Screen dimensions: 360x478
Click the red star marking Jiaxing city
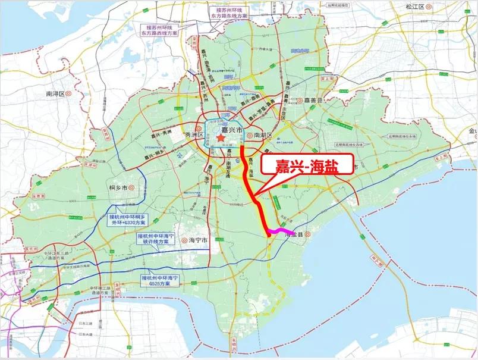point(221,138)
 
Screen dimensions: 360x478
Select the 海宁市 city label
point(197,240)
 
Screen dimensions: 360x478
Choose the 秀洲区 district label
point(194,135)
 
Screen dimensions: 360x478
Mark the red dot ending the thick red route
point(269,236)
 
